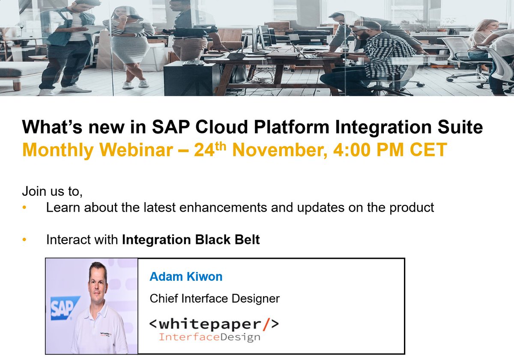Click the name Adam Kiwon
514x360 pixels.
pyautogui.click(x=186, y=276)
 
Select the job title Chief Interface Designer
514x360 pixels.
pyautogui.click(x=215, y=298)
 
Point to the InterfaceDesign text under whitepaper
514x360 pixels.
pyautogui.click(x=209, y=337)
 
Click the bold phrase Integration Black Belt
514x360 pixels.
pyautogui.click(x=191, y=240)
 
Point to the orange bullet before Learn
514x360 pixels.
pyautogui.click(x=24, y=208)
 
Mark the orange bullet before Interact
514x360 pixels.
pyautogui.click(x=24, y=240)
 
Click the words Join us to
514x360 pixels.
pyautogui.click(x=52, y=191)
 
